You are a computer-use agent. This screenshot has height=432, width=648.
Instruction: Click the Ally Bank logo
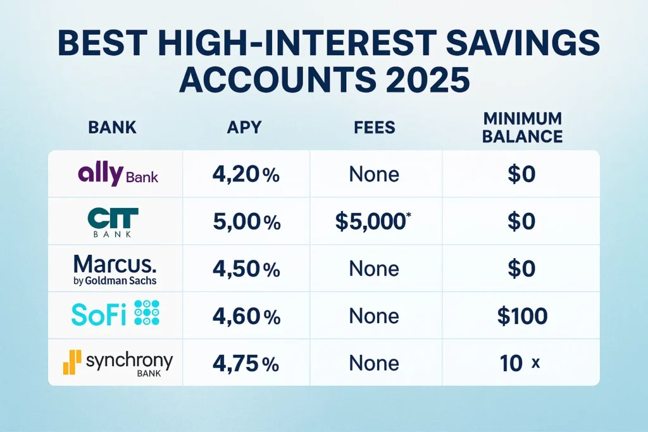tap(117, 174)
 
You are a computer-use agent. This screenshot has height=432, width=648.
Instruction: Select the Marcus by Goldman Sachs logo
tap(115, 269)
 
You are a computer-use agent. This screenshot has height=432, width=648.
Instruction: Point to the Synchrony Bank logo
tap(117, 364)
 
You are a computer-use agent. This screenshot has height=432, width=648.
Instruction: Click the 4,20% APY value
tap(246, 175)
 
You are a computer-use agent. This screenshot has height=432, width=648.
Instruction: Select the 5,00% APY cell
tap(246, 222)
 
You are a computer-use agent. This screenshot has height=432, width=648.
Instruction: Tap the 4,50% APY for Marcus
tap(246, 269)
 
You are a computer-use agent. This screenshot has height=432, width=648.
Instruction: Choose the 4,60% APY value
tap(246, 316)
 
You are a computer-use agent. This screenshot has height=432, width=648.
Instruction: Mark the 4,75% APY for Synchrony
tap(246, 363)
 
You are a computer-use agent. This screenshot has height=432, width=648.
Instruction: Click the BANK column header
tap(112, 127)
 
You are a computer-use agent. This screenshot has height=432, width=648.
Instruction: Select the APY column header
tap(246, 127)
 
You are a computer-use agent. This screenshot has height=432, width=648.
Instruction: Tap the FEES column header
tap(375, 127)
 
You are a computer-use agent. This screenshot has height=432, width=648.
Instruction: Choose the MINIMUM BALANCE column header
tap(521, 127)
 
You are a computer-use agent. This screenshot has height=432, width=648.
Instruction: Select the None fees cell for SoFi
tap(375, 316)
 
